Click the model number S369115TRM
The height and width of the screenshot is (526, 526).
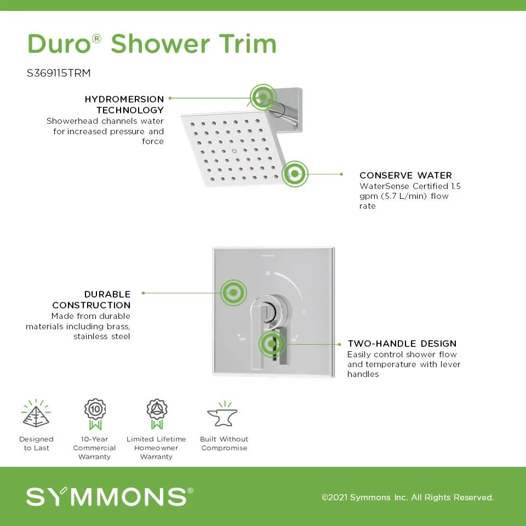coord(59,73)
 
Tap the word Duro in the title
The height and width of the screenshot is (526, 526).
coord(59,44)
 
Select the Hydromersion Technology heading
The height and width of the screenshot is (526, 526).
coord(124,104)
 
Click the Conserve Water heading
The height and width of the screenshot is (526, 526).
coord(405,175)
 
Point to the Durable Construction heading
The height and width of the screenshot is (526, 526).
coord(92,300)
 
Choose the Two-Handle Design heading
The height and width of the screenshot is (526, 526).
coord(402,344)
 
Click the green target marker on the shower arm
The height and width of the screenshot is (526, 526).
coord(263,98)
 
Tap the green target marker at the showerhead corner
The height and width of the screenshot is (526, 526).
coord(295,174)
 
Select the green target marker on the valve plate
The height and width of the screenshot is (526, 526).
coord(233,293)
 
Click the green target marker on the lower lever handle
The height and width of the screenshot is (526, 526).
coord(271,344)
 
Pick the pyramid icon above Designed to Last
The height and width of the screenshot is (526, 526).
coord(36,413)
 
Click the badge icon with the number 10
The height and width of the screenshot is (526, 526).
coord(95,414)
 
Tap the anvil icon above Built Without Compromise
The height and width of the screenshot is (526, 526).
coord(223,414)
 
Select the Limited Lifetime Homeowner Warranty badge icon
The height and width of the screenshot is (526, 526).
coord(157,414)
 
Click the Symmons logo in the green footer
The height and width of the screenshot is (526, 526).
coord(110,496)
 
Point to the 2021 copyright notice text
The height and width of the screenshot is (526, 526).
coord(408,497)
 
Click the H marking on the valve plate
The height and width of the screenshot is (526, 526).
coord(268,273)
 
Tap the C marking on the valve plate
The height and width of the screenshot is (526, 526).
coord(304,313)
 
